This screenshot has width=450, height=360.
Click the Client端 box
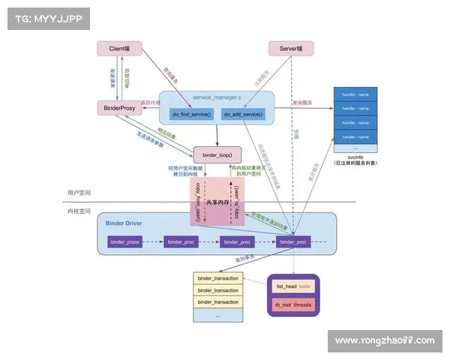pos(119,49)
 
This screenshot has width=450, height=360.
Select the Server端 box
pos(290,49)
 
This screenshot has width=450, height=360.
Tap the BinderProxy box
pos(119,108)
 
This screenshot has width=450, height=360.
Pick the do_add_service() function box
pos(243,114)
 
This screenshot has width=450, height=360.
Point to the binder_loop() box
pos(217,155)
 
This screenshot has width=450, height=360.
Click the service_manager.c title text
pos(217,98)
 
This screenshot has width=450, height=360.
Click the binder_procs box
pos(125,241)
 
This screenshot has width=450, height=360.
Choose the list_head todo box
pos(293,286)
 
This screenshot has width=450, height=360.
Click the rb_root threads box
pos(293,304)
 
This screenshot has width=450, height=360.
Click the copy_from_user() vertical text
pos(199,198)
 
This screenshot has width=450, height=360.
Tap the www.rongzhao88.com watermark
pos(384,340)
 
